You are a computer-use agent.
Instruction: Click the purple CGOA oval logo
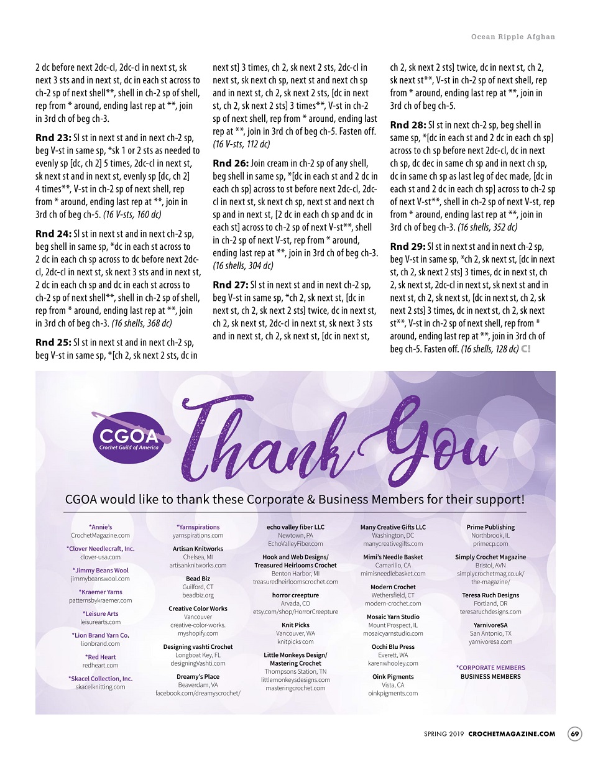tap(129, 438)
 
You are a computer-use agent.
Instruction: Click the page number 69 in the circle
tap(575, 734)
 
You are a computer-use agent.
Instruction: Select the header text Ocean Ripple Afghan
tap(513, 37)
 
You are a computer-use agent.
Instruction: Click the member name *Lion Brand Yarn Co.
tap(100, 635)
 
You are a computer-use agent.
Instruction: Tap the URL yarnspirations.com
tap(198, 535)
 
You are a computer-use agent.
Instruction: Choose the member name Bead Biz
tap(198, 579)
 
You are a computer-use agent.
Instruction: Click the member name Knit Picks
tap(295, 625)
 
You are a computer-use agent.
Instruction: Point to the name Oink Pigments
tap(393, 677)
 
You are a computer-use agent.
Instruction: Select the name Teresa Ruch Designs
tap(490, 595)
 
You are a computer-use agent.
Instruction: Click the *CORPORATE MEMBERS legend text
tap(490, 668)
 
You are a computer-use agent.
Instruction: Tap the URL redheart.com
tap(100, 665)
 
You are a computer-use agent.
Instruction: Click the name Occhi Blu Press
tap(393, 647)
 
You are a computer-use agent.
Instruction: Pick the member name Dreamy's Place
tap(198, 677)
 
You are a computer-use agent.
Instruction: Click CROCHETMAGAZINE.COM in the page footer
tap(512, 734)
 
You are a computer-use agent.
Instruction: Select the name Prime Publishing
tap(490, 527)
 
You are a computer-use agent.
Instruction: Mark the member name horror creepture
tap(295, 595)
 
